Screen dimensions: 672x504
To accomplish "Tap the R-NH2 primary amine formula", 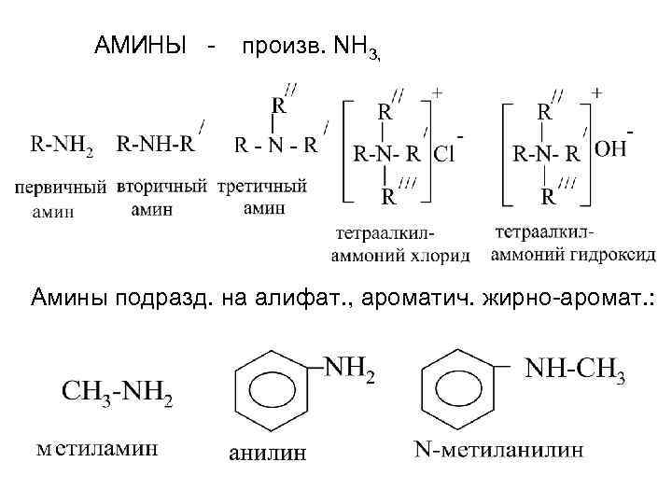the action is [63, 146].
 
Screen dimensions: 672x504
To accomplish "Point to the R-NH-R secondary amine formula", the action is [156, 146].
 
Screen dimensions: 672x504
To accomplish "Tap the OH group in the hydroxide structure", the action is [610, 149].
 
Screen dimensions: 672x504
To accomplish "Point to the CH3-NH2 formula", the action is [119, 390].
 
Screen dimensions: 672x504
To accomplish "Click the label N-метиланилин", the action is [499, 449].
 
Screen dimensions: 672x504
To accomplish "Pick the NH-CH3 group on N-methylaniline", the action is [575, 368].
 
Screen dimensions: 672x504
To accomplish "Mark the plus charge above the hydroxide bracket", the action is [597, 93].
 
